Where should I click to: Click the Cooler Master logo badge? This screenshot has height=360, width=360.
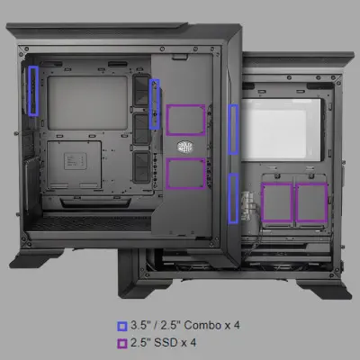185,147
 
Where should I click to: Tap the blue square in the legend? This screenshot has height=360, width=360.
122,327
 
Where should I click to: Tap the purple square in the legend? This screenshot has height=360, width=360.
122,344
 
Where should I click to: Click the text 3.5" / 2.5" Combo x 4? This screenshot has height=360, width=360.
185,325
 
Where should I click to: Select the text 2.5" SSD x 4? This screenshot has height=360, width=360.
163,343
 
